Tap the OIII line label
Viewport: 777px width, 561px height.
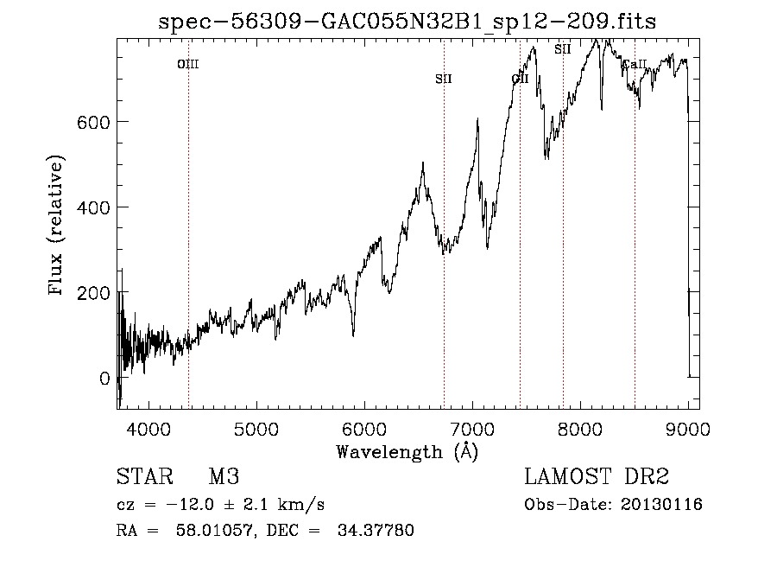click(188, 64)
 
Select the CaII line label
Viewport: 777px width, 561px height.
click(635, 64)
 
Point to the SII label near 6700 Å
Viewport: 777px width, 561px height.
click(444, 80)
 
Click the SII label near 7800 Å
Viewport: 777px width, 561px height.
click(563, 49)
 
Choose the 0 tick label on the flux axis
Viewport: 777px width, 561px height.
click(104, 379)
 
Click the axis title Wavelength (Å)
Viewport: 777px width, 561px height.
click(407, 451)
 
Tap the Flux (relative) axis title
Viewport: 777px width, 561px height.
click(58, 227)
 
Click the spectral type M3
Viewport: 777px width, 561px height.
click(224, 478)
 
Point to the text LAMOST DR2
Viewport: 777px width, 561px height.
click(597, 478)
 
